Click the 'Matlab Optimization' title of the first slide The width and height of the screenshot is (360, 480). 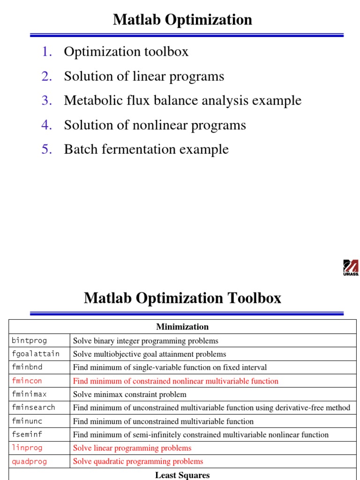[x=182, y=20]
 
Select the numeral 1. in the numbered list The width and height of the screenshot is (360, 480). [x=47, y=52]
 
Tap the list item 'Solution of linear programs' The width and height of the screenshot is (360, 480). [x=144, y=76]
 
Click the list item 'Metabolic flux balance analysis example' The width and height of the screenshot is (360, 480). [x=182, y=100]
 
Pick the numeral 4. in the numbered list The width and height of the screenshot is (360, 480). [x=47, y=125]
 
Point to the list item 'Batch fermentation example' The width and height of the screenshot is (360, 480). [x=146, y=149]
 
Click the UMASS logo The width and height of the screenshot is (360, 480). [x=351, y=268]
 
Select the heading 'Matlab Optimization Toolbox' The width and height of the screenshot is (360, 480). [x=182, y=298]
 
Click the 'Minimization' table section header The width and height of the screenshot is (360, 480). [x=182, y=327]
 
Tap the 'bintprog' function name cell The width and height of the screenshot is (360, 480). [x=29, y=341]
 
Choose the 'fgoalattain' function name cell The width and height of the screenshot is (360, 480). [x=35, y=354]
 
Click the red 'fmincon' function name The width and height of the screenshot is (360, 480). [x=27, y=381]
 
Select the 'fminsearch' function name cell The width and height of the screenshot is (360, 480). [x=33, y=407]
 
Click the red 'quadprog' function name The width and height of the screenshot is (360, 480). [x=29, y=461]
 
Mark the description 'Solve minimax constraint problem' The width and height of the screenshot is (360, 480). [x=129, y=394]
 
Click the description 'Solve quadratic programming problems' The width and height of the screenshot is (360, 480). [x=138, y=461]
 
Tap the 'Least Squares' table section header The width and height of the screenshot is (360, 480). [x=182, y=475]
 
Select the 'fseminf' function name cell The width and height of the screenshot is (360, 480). [x=27, y=435]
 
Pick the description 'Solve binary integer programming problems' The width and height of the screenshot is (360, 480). [x=145, y=341]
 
